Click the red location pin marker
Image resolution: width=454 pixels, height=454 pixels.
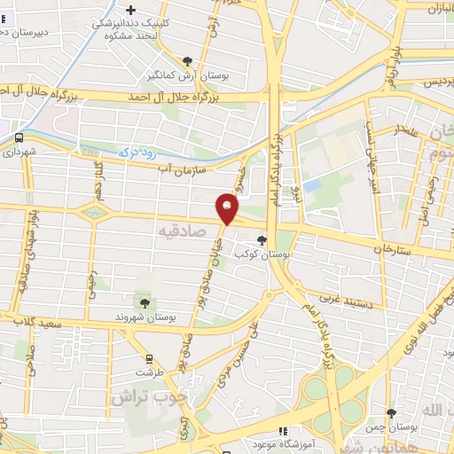(228, 208)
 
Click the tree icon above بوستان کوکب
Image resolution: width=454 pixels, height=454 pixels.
(262, 239)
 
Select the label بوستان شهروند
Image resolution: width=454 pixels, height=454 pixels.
(147, 316)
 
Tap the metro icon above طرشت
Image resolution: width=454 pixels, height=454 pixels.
(149, 360)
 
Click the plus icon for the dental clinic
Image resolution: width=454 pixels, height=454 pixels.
(156, 9)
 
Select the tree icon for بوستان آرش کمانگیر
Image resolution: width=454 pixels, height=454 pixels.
(187, 61)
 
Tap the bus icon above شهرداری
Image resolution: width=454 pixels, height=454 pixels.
(18, 137)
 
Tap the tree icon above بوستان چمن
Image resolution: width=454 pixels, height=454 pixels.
(391, 413)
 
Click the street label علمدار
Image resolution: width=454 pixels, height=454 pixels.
(411, 130)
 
